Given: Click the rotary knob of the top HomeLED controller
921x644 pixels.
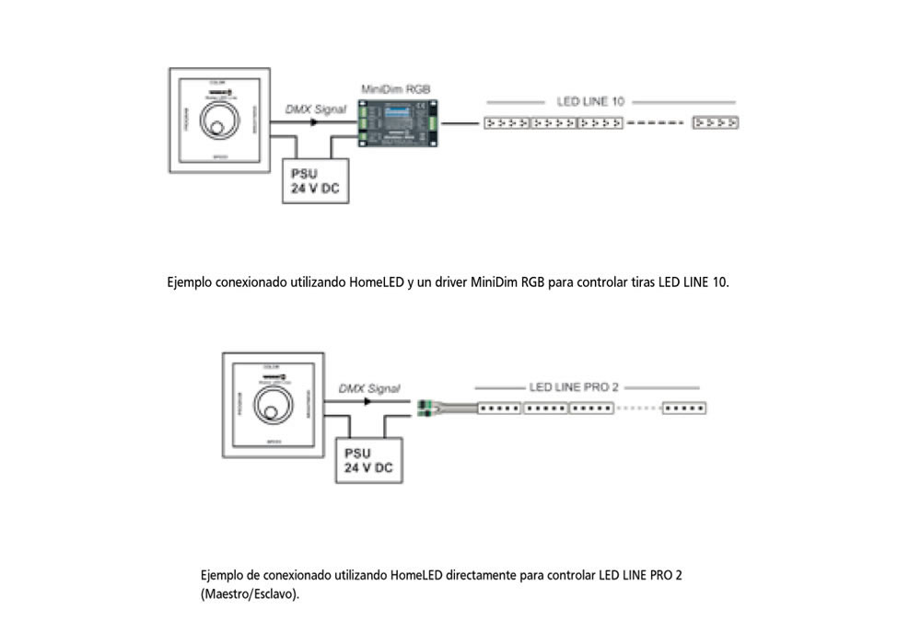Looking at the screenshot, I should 219,128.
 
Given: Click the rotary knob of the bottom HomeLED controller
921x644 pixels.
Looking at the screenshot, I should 274,404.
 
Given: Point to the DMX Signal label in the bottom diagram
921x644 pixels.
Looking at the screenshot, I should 369,389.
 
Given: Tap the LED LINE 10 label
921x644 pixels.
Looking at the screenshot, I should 590,101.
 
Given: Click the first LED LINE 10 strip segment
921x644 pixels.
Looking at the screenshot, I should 507,121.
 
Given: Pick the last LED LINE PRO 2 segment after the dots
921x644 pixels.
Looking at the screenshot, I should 684,408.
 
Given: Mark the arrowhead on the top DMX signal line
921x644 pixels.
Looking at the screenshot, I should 314,122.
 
